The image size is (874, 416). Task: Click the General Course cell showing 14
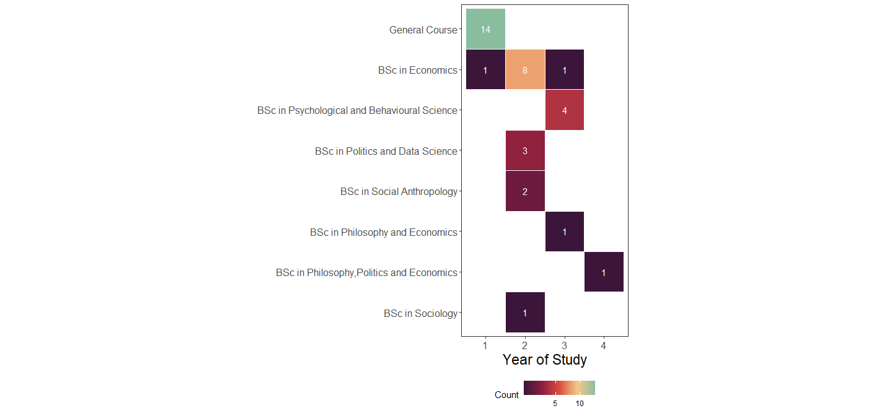point(485,29)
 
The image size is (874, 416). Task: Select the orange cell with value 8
point(525,70)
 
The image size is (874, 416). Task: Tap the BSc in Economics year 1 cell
point(485,70)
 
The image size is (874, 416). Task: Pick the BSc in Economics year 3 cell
point(564,70)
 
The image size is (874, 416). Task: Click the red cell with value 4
point(564,110)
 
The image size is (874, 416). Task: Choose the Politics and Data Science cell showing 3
point(525,150)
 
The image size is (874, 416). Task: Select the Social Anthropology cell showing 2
point(525,191)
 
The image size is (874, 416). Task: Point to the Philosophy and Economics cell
point(564,232)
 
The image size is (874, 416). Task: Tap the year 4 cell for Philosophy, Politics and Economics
point(604,272)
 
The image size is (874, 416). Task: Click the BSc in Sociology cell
point(525,313)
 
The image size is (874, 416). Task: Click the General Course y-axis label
point(423,30)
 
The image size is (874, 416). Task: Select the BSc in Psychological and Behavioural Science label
point(357,111)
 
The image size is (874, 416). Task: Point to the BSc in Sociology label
point(420,313)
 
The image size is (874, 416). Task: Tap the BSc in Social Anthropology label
point(399,192)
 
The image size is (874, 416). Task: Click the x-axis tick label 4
point(604,345)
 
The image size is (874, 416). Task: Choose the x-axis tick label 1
point(485,345)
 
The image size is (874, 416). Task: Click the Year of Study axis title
point(544,360)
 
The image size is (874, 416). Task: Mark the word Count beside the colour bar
point(506,395)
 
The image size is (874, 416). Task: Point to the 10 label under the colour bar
point(580,404)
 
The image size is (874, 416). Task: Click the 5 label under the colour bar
point(555,404)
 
